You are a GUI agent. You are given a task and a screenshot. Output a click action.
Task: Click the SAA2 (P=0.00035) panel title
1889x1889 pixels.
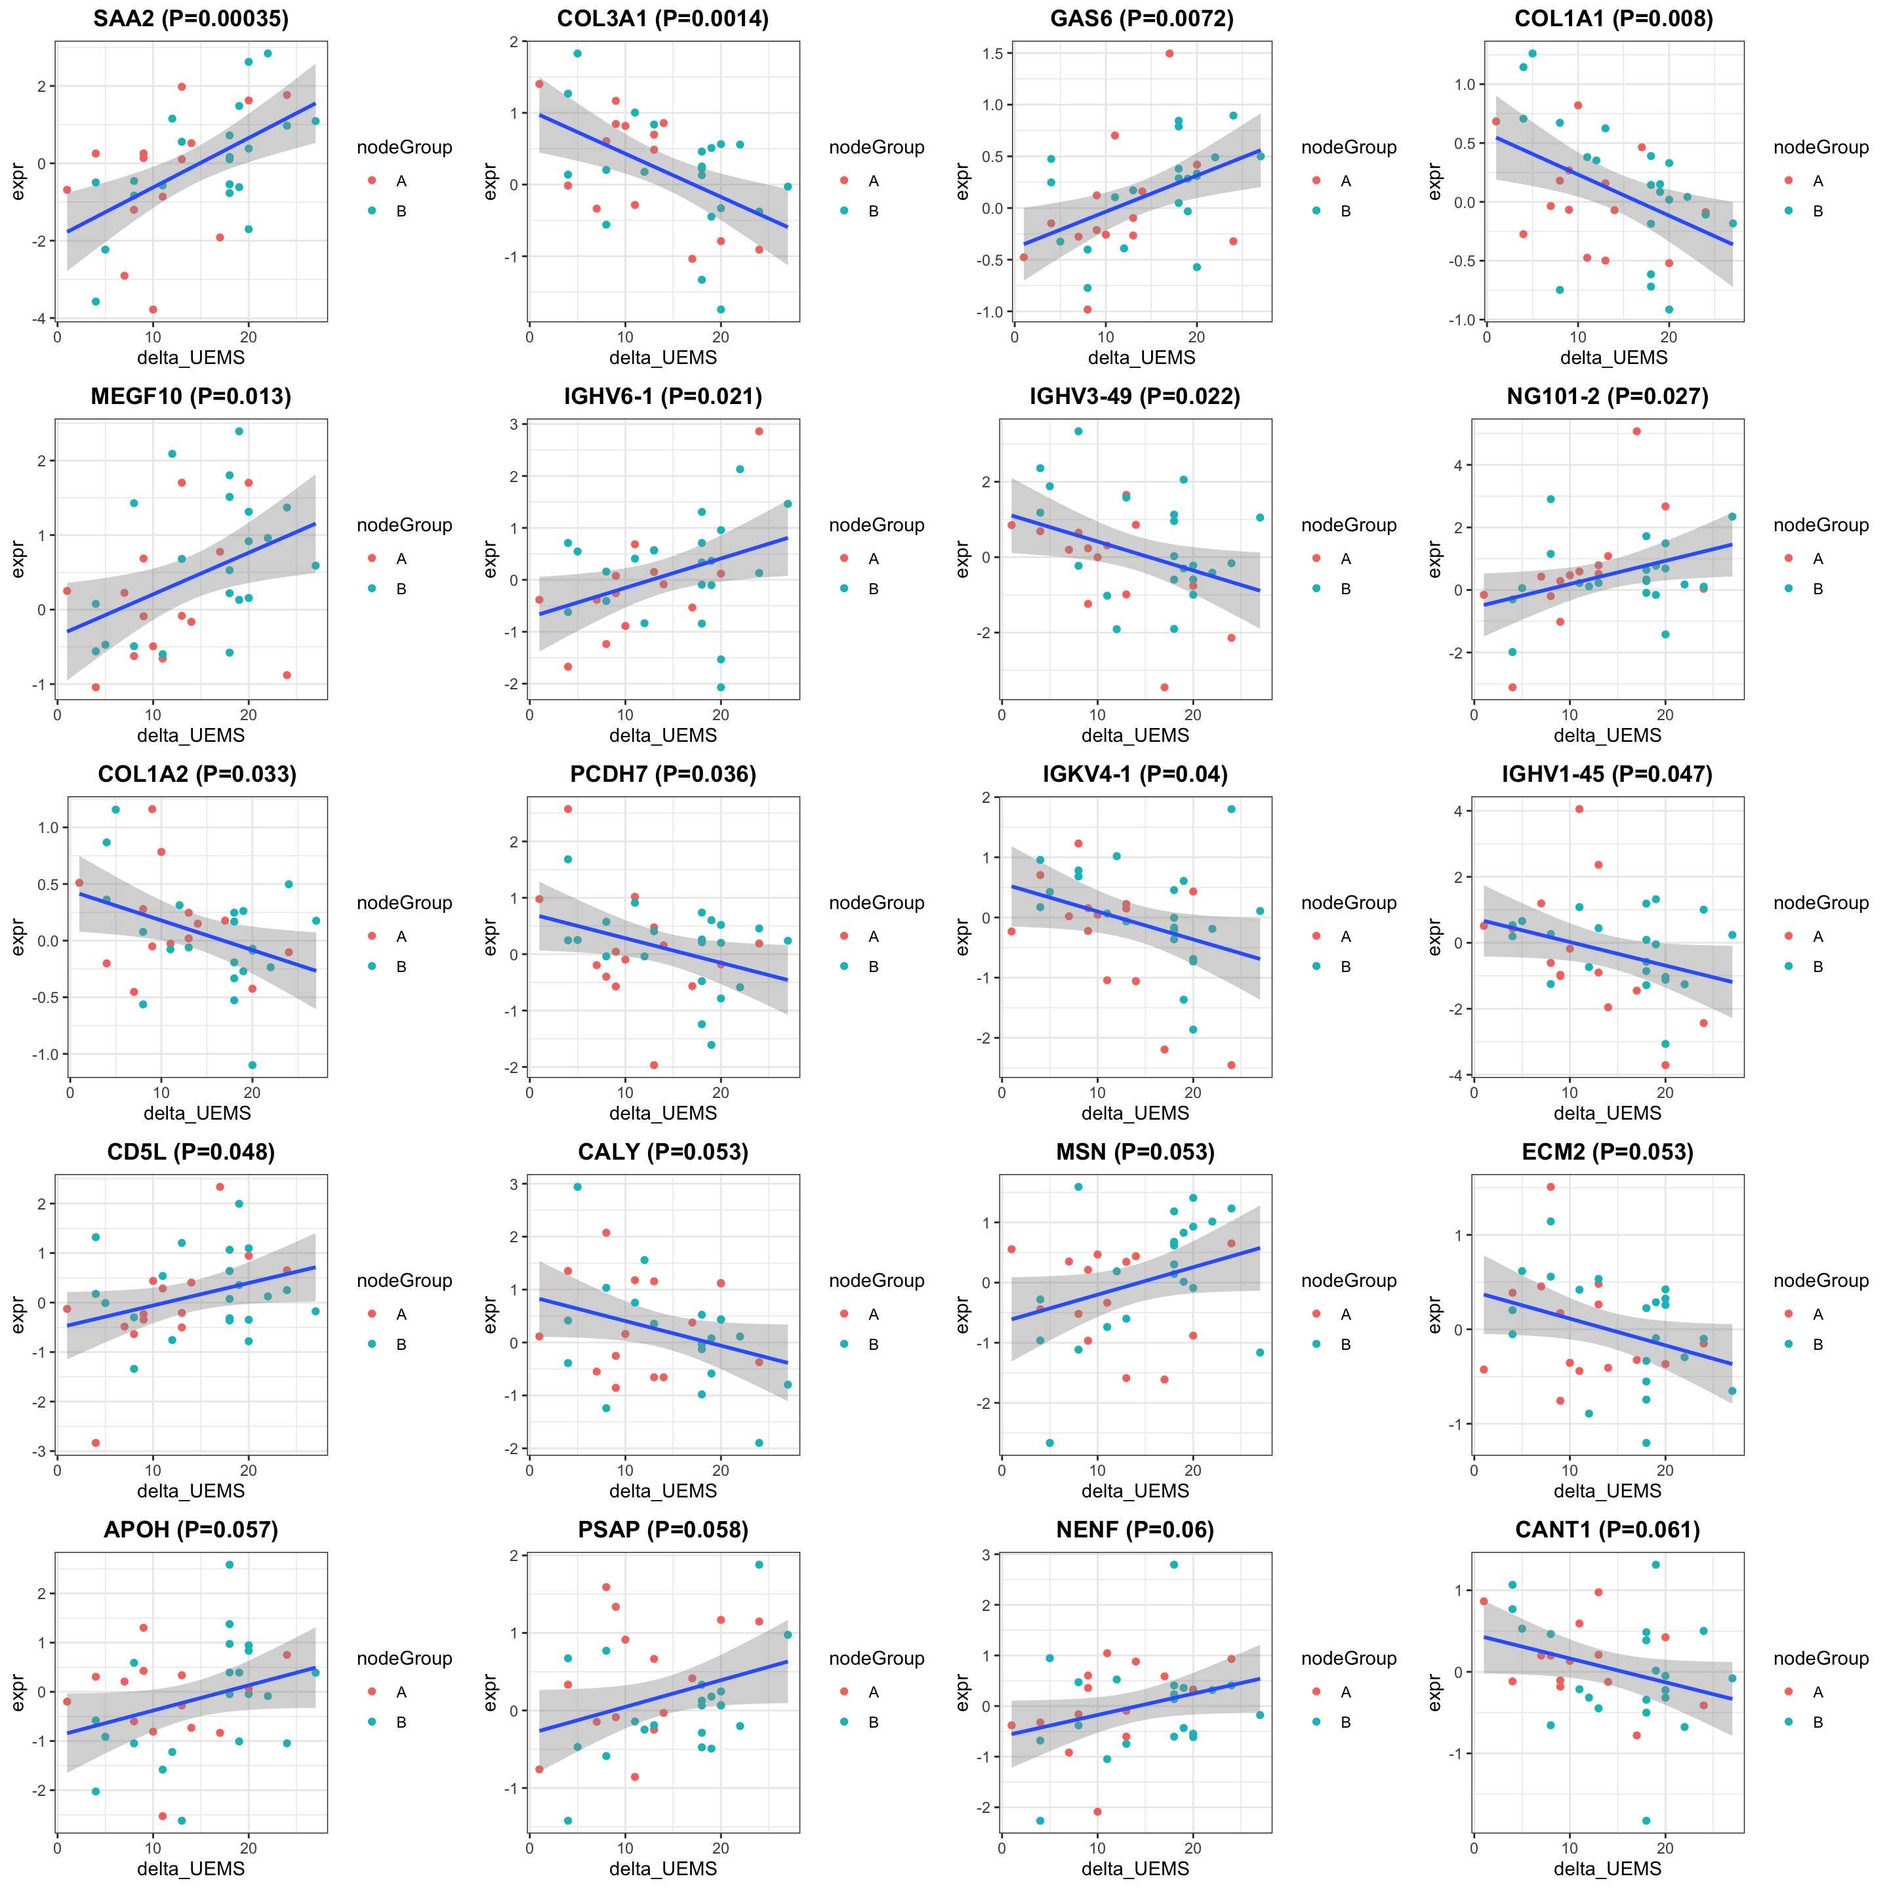coord(191,18)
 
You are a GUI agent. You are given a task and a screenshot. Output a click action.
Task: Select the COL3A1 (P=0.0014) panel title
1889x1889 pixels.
coord(663,18)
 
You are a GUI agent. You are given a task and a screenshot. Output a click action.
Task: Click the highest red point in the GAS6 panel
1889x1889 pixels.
coord(1169,54)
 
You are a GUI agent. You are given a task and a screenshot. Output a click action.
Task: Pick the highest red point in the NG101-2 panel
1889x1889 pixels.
coord(1636,431)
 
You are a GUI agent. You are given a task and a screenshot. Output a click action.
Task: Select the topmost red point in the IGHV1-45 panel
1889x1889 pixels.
coord(1579,809)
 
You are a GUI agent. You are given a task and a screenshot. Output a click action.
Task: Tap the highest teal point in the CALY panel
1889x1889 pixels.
coord(577,1187)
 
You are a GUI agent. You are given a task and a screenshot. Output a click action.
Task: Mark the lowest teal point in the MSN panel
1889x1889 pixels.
coord(1050,1442)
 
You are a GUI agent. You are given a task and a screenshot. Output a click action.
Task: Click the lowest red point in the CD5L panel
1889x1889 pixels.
coord(96,1442)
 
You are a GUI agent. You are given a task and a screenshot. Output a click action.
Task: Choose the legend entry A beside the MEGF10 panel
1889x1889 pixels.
coord(401,558)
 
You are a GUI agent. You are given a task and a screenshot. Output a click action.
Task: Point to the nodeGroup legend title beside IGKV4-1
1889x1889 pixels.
coord(1349,903)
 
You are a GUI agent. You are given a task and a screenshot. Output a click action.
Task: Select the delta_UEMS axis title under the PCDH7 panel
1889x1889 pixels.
coord(663,1112)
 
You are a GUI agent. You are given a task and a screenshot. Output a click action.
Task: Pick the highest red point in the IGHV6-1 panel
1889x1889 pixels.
coord(759,431)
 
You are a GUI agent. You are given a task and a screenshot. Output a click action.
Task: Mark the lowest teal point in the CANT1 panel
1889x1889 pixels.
coord(1646,1821)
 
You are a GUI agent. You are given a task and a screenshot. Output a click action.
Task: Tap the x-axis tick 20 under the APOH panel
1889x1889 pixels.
coord(249,1848)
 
